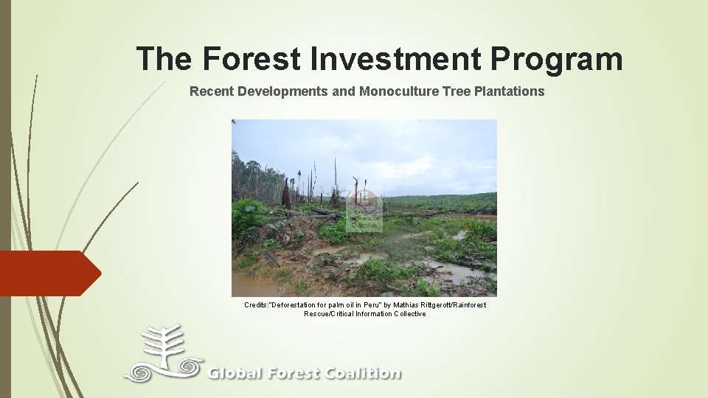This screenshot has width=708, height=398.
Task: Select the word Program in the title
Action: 558,59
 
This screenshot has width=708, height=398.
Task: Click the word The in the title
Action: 164,59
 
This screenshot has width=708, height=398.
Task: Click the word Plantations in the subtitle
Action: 508,91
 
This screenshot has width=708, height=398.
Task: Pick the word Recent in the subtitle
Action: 209,91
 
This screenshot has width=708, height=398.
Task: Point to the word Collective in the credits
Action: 409,313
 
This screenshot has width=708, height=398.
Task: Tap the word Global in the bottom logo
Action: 235,374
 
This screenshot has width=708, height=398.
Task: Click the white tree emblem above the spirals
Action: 163,343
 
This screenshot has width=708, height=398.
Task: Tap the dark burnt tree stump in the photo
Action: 285,195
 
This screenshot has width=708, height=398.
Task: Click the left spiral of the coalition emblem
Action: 140,371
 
